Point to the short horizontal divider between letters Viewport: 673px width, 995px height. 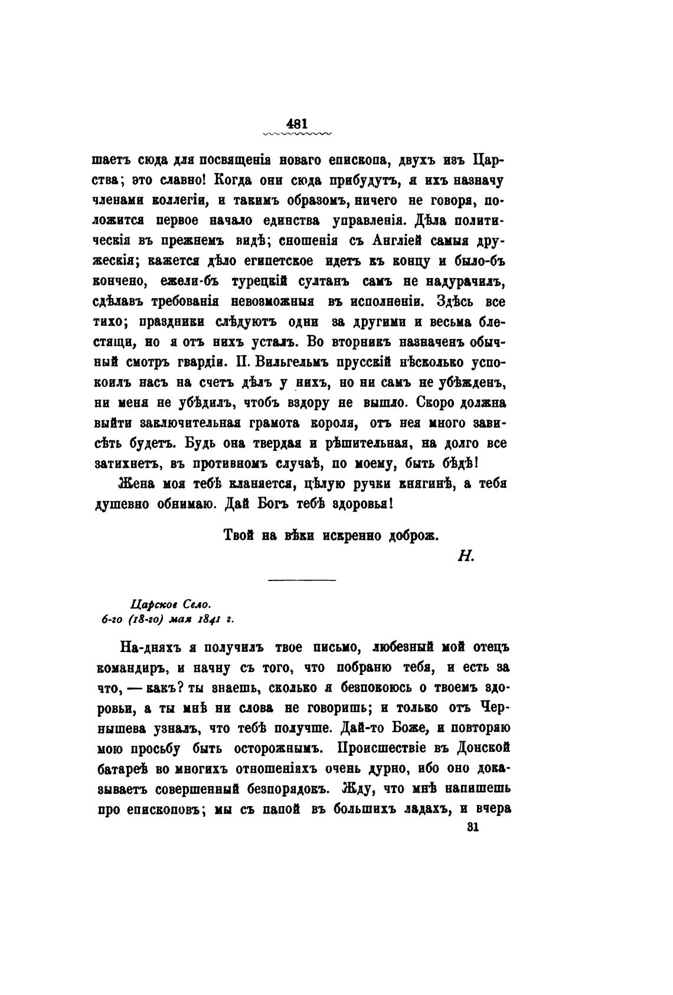click(x=302, y=580)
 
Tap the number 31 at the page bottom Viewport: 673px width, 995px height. click(x=472, y=827)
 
